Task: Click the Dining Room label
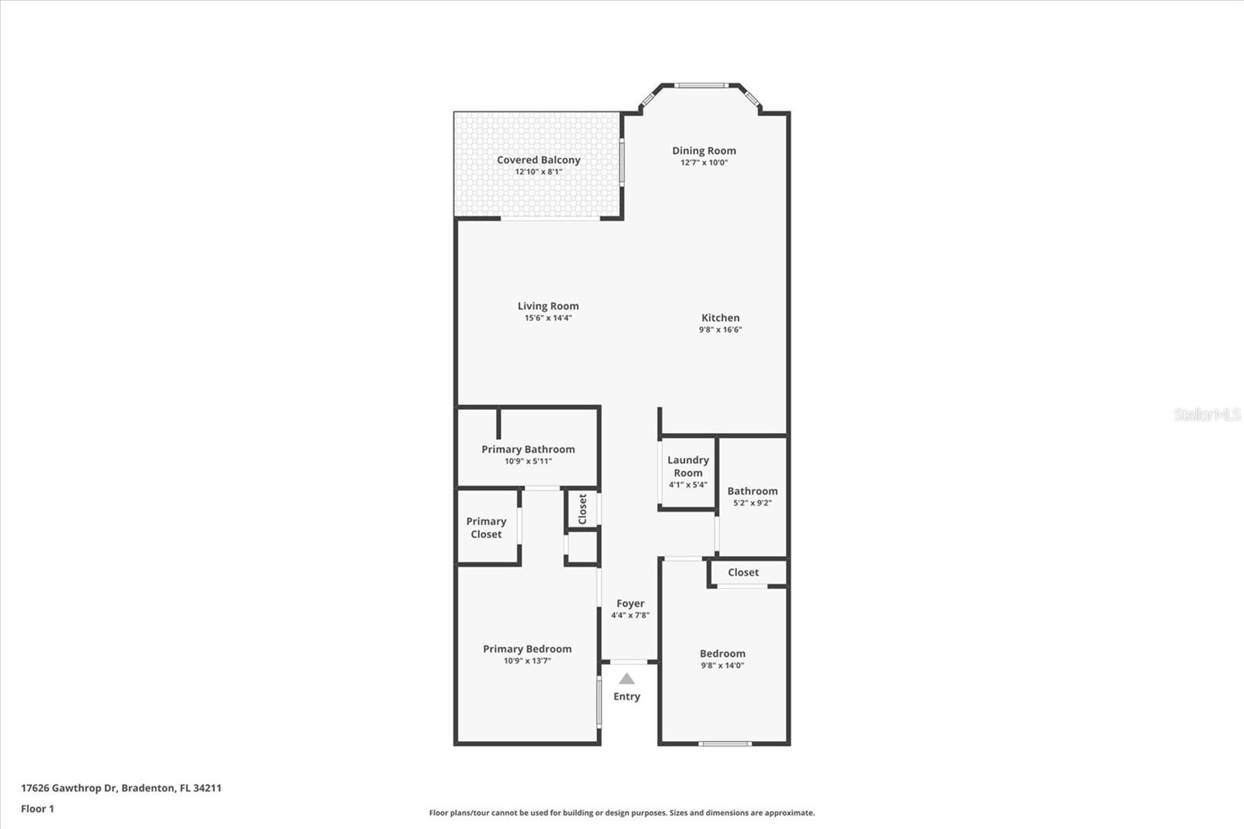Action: pos(704,151)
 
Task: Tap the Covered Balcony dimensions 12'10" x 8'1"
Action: pos(538,172)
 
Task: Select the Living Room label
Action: pos(548,306)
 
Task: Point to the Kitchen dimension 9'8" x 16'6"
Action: pos(720,330)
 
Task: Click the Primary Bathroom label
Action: pos(528,449)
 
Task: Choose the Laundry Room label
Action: pos(688,467)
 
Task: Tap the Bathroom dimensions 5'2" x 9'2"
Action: pos(752,503)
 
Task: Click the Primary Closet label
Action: pos(486,528)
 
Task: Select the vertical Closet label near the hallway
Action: pos(582,509)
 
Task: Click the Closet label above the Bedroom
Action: pos(743,572)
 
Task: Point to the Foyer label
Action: pos(631,603)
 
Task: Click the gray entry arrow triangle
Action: pos(627,679)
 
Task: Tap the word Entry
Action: pos(627,697)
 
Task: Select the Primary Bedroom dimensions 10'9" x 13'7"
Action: pos(527,661)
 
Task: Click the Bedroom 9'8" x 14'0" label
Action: pos(722,659)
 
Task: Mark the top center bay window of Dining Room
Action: pos(701,86)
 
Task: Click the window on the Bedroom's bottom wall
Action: pos(725,744)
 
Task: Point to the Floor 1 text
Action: pos(37,809)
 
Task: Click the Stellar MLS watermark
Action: pos(1207,414)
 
